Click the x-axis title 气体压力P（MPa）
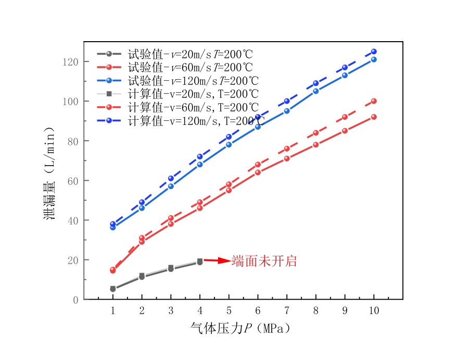pos(240,329)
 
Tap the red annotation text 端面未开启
pos(264,261)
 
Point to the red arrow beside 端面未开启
pos(217,260)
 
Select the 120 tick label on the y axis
pos(71,62)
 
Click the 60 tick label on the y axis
pos(73,181)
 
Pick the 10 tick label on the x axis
pos(374,310)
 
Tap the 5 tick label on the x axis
pos(229,310)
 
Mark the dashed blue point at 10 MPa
pos(374,52)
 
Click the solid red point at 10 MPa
pos(374,117)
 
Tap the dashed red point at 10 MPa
pos(374,101)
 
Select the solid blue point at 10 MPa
pos(374,59)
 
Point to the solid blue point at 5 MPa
pos(229,145)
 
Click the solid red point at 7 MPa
pos(287,158)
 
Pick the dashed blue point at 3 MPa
pos(171,178)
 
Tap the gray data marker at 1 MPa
pos(113,289)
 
